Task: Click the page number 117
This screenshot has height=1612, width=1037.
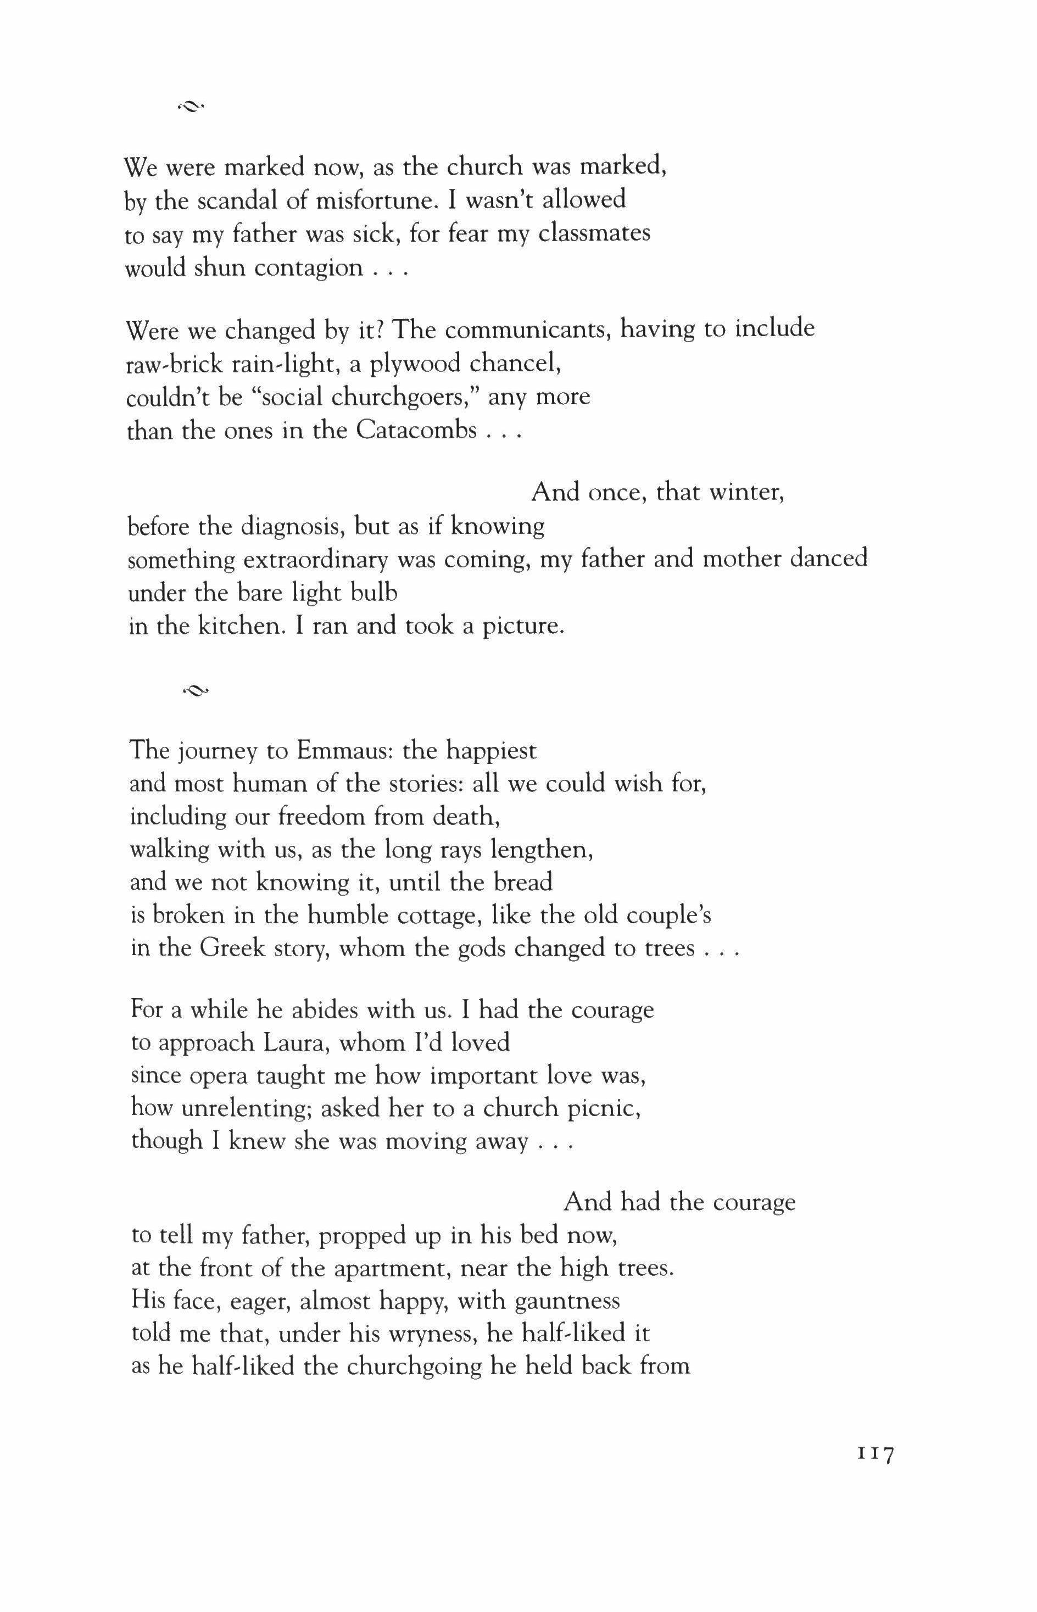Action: tap(875, 1455)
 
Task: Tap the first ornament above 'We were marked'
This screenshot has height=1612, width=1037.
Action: tap(191, 105)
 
